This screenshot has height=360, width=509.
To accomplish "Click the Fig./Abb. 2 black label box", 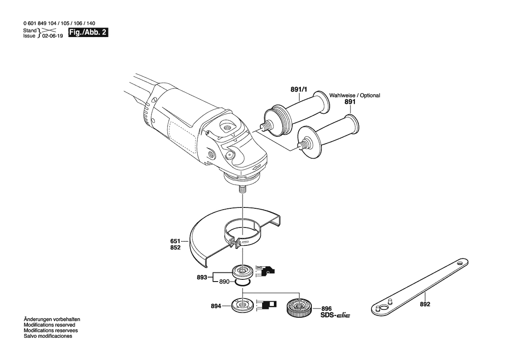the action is pyautogui.click(x=88, y=33).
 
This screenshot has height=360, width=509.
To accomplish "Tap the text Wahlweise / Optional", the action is pyautogui.click(x=354, y=95).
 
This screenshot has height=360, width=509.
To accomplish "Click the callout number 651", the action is pyautogui.click(x=175, y=241).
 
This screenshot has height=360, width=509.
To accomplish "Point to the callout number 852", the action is pyautogui.click(x=175, y=248).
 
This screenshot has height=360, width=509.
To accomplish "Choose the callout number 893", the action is pyautogui.click(x=202, y=278).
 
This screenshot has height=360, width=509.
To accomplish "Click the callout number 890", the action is pyautogui.click(x=224, y=282).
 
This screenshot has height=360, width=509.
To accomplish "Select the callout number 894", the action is pyautogui.click(x=216, y=306).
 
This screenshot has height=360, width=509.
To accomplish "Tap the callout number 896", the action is pyautogui.click(x=327, y=309).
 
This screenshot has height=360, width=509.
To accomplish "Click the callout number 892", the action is pyautogui.click(x=425, y=304).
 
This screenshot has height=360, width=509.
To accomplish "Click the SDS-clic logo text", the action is pyautogui.click(x=335, y=315).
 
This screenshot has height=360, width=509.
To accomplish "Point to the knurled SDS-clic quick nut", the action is pyautogui.click(x=299, y=307).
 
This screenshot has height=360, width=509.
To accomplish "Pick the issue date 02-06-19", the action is pyautogui.click(x=53, y=36).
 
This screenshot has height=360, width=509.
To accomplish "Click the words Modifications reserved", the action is pyautogui.click(x=49, y=325).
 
